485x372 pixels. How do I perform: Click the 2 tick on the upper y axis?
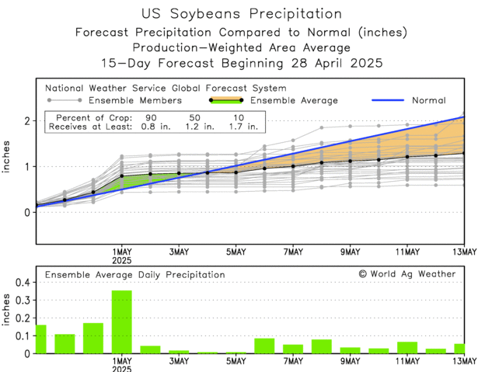(26, 121)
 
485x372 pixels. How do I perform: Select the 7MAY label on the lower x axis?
(293, 362)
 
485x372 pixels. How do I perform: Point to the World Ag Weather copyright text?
(407, 274)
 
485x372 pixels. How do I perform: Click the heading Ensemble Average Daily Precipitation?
(134, 274)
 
